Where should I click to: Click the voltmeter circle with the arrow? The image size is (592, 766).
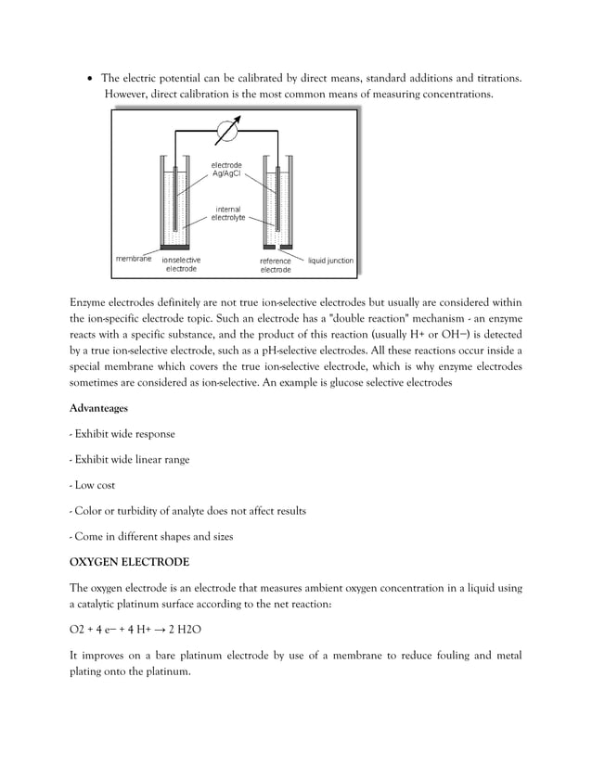226,132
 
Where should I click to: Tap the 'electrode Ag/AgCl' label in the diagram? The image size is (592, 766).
227,170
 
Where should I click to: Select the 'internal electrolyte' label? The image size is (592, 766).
228,213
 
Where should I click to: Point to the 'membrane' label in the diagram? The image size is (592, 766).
134,259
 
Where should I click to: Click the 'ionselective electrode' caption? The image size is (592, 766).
181,265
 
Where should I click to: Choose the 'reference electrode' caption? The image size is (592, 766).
275,265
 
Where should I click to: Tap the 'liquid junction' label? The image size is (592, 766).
330,261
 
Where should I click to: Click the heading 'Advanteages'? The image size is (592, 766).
99,407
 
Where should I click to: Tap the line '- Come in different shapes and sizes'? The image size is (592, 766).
151,536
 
